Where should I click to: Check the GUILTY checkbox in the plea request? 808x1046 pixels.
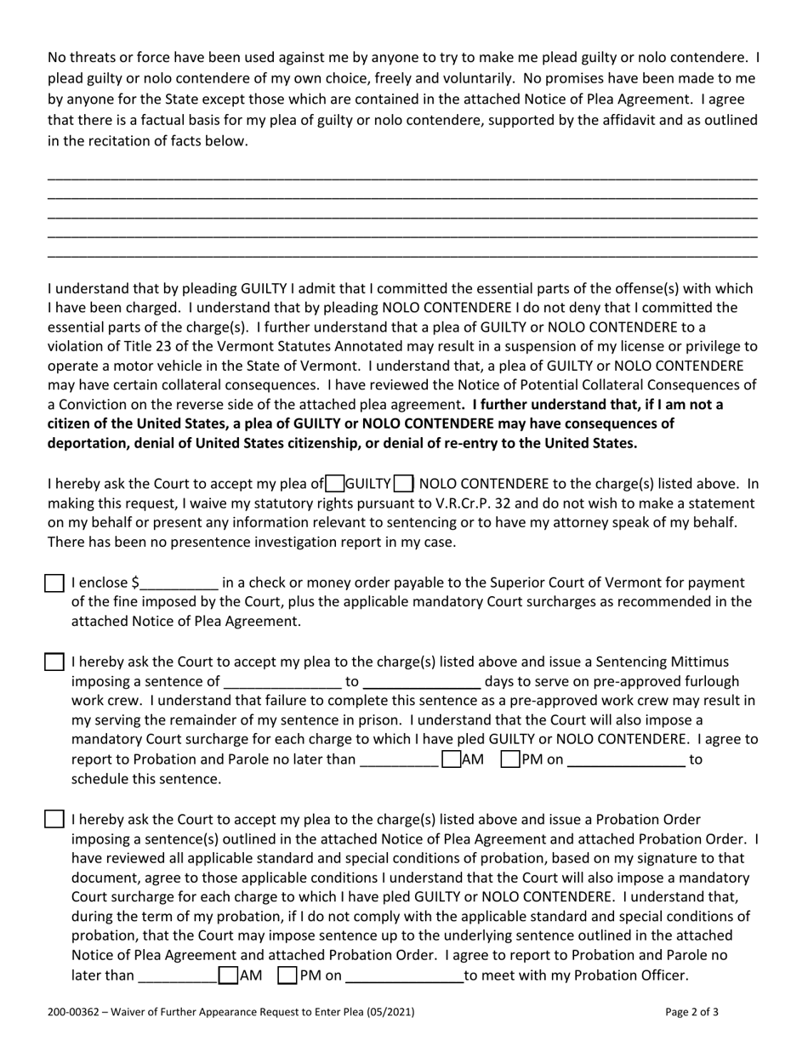[335, 484]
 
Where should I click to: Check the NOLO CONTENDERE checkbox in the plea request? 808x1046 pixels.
[404, 484]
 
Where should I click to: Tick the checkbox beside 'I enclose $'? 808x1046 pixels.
[54, 583]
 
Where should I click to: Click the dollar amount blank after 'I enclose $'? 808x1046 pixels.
[179, 584]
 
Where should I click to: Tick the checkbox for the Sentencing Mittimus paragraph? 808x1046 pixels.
[54, 662]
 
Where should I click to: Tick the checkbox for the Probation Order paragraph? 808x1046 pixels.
[54, 820]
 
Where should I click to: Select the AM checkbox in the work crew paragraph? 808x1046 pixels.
[452, 759]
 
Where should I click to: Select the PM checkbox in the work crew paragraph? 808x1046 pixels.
[510, 759]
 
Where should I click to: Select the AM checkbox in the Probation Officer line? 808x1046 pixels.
[228, 975]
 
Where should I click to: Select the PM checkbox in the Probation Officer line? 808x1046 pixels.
[287, 975]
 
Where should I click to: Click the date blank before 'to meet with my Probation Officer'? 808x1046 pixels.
[405, 976]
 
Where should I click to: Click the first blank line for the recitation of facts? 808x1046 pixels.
[402, 177]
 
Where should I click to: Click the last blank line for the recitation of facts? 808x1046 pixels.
[402, 254]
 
